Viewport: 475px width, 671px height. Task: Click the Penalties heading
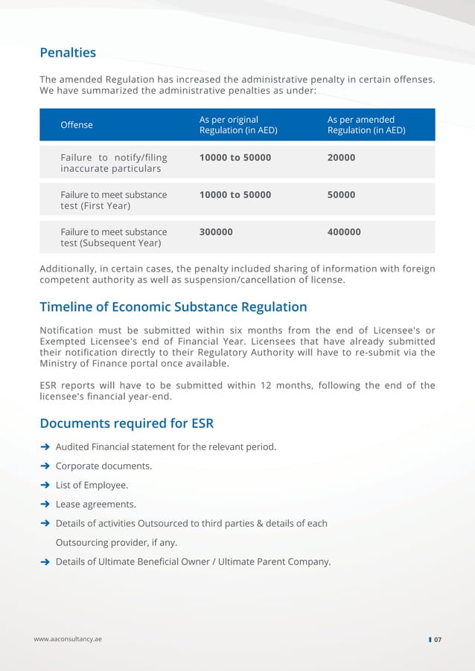(x=68, y=53)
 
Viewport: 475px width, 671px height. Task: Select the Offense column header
(x=77, y=125)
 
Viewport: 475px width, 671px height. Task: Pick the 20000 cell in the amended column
(x=341, y=158)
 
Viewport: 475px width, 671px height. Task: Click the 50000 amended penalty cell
(x=341, y=195)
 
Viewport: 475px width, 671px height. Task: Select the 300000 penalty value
(x=216, y=232)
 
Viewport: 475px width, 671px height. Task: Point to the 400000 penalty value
(x=344, y=232)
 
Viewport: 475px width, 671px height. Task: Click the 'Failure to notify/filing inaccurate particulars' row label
(x=113, y=163)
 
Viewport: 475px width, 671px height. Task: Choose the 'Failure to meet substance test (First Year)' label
(x=113, y=200)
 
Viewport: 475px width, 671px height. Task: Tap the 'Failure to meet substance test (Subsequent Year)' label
(x=113, y=237)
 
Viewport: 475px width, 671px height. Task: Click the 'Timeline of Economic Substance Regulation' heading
(x=173, y=306)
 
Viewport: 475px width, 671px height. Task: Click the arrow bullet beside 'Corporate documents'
(x=45, y=466)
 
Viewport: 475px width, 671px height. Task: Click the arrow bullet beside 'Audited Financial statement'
(x=45, y=447)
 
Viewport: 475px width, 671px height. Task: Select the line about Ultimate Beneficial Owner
(x=193, y=562)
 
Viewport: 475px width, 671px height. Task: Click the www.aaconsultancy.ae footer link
(x=68, y=640)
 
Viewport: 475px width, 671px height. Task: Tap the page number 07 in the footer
(x=438, y=640)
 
